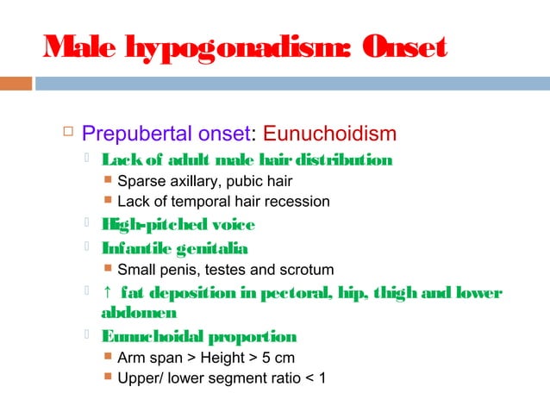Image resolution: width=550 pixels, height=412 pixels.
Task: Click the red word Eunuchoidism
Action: pos(330,134)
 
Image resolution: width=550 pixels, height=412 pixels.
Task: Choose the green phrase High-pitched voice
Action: pos(178,225)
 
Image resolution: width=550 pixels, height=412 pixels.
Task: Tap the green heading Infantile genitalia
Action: pos(175,249)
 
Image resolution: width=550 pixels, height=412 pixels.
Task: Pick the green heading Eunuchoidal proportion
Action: pos(199,336)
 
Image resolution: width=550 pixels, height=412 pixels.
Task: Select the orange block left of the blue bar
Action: pos(16,84)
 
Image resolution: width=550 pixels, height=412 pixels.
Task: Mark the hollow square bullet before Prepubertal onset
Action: pos(66,133)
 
